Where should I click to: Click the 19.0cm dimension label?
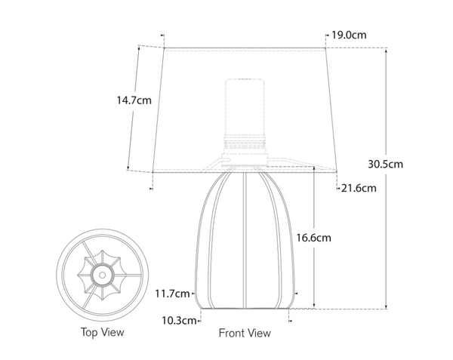pyautogui.click(x=349, y=35)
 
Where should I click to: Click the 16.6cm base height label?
pyautogui.click(x=312, y=237)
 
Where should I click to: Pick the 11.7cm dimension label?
pyautogui.click(x=173, y=293)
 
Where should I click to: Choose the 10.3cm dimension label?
pyautogui.click(x=179, y=320)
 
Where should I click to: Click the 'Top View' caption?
pyautogui.click(x=102, y=331)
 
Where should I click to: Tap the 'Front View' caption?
pyautogui.click(x=244, y=332)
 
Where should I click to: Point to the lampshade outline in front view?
pyautogui.click(x=174, y=106)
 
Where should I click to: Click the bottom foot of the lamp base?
pyautogui.click(x=246, y=306)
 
